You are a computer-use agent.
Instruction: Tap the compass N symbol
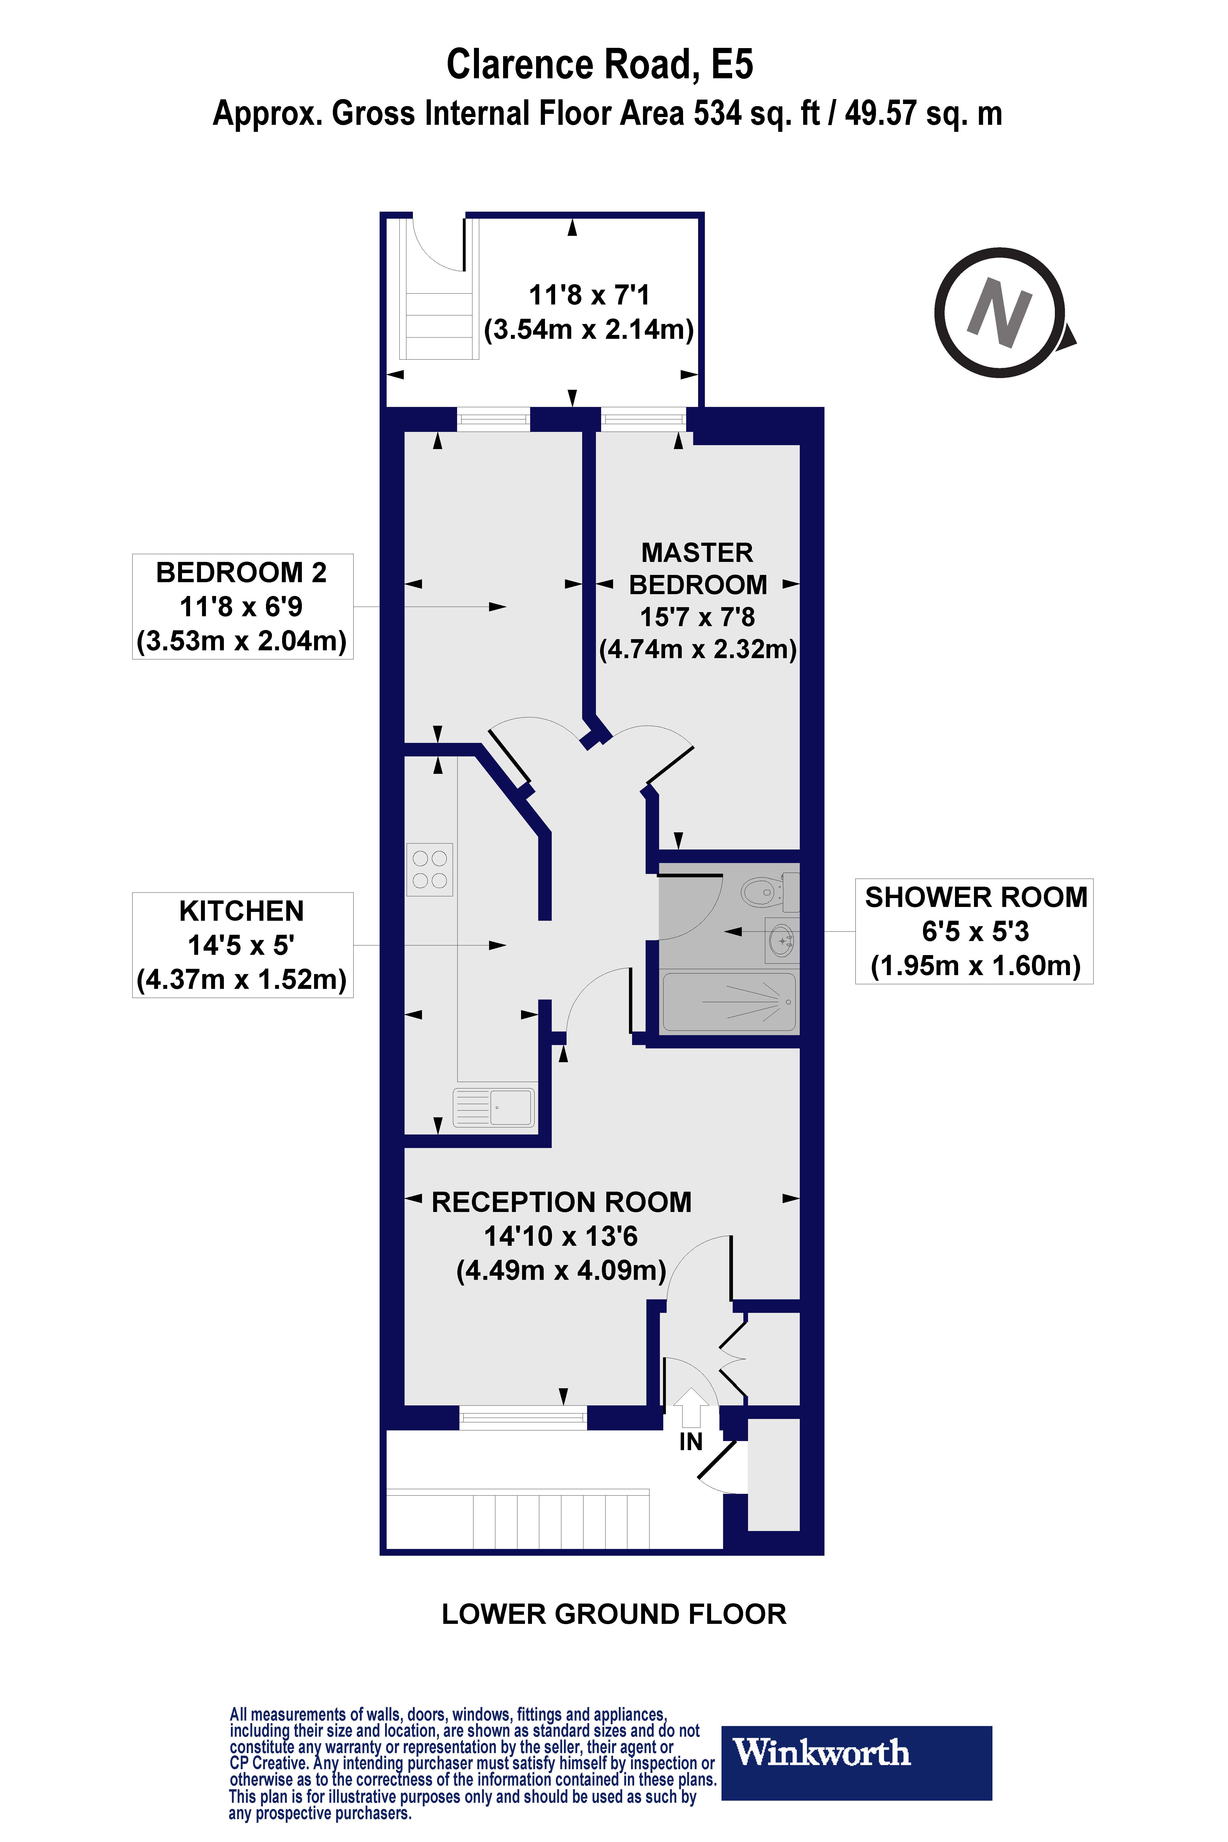(x=1000, y=313)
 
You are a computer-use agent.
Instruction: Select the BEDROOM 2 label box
(x=242, y=606)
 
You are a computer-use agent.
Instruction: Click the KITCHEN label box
(x=242, y=944)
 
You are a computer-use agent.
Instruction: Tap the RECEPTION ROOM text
(x=562, y=1202)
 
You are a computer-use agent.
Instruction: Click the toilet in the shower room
(x=768, y=891)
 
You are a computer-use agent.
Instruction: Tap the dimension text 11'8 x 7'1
(x=589, y=295)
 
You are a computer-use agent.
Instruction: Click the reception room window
(x=522, y=1418)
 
